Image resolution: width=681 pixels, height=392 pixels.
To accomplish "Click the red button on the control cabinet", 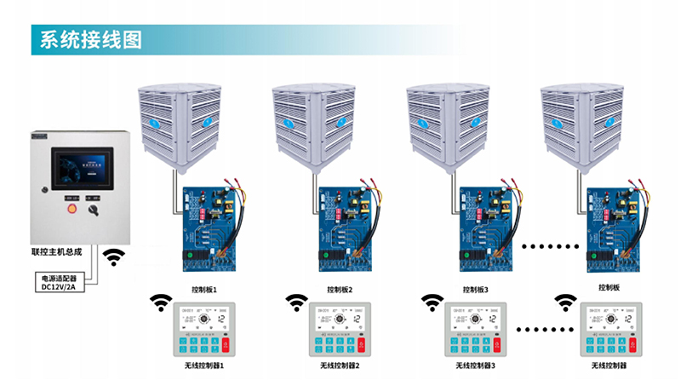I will [72, 207].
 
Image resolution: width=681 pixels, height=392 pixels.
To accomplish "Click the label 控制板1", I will [205, 290].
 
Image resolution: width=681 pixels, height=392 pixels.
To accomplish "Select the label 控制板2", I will [339, 290].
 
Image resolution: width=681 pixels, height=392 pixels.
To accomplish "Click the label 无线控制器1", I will [204, 366].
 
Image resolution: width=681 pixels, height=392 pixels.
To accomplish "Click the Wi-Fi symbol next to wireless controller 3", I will [432, 302].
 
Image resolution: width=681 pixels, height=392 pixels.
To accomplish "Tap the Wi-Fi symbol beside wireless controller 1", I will [159, 302].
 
